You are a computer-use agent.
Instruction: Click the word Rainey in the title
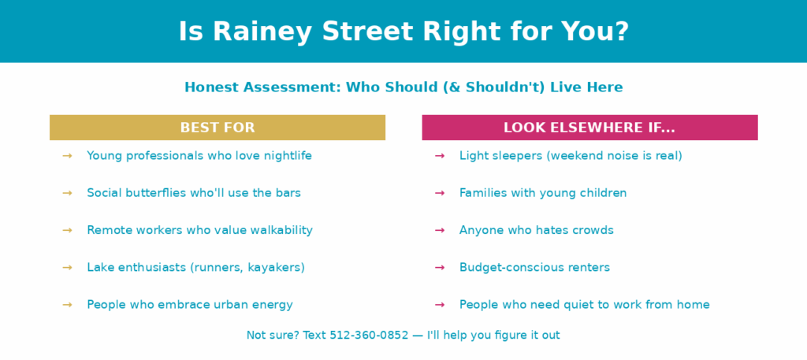[x=262, y=32]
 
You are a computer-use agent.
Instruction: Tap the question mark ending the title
[x=621, y=31]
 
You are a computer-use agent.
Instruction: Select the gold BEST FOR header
[x=218, y=128]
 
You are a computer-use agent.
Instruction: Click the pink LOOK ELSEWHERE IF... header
[x=589, y=128]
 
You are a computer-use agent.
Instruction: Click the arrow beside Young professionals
[x=67, y=156]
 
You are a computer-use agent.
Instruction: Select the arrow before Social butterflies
[x=67, y=193]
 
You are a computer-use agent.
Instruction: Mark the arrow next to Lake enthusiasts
[x=67, y=267]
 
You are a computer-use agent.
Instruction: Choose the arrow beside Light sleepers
[x=440, y=156]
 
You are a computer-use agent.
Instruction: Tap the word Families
[x=482, y=193]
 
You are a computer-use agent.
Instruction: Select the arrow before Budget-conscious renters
[x=440, y=267]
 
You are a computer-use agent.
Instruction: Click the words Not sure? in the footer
[x=273, y=336]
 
